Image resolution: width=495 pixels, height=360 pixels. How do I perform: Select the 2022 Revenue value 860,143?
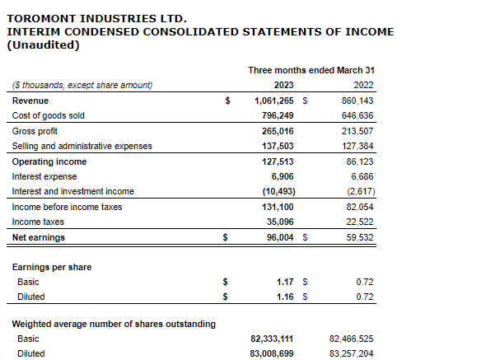point(357,101)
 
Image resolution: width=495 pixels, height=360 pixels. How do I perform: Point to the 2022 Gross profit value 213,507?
point(357,131)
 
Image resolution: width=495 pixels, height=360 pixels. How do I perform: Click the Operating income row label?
point(49,161)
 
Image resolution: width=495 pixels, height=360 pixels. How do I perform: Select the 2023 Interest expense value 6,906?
point(281,176)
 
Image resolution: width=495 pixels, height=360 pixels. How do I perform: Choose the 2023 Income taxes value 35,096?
point(278,222)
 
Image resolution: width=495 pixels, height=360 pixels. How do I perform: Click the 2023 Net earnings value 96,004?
point(278,237)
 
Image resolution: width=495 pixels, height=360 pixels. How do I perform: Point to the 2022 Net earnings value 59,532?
point(359,237)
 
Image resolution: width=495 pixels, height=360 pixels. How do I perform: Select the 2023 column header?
point(283,85)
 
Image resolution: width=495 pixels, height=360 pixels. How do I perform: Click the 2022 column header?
point(363,85)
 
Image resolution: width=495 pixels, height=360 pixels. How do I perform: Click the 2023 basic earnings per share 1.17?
point(285,282)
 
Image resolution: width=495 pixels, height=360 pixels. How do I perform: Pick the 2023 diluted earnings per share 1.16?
point(285,297)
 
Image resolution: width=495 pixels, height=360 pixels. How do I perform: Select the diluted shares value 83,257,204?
point(351,353)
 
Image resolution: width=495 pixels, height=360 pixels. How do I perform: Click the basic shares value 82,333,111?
point(272,339)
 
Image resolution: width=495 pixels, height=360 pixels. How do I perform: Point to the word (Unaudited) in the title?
point(43,44)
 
